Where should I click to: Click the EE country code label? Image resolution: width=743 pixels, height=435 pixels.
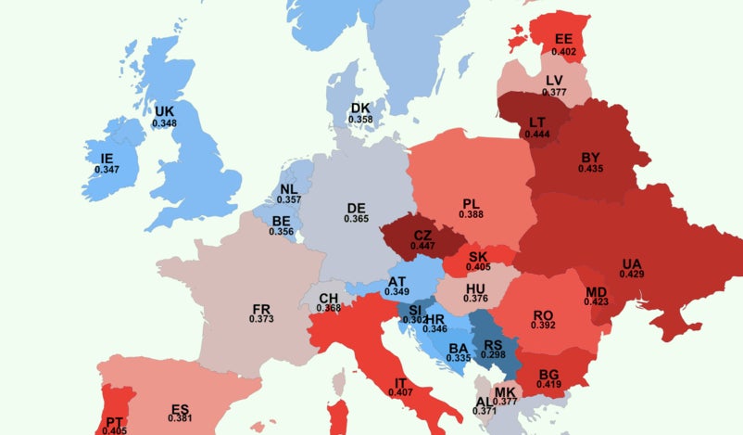click(x=563, y=40)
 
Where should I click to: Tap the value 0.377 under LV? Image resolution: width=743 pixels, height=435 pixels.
click(x=554, y=93)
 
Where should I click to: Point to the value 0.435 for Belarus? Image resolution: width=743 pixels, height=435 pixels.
click(x=590, y=169)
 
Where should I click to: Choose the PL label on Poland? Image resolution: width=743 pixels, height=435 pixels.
click(x=471, y=203)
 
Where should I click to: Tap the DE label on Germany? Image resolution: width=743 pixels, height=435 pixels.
click(x=356, y=207)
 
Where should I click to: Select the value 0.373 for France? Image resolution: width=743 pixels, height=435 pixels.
click(x=261, y=319)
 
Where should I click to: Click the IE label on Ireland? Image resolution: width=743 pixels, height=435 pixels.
click(x=107, y=159)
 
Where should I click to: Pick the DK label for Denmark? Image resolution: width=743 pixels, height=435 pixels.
click(x=360, y=108)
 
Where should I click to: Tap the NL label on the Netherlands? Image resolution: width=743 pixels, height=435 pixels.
click(x=289, y=188)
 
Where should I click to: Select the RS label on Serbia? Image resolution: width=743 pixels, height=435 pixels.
click(x=492, y=344)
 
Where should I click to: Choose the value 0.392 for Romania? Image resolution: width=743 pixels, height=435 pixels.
click(x=543, y=326)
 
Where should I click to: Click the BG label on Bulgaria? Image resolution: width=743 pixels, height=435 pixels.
click(x=549, y=373)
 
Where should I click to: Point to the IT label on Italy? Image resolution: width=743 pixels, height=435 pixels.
click(x=401, y=382)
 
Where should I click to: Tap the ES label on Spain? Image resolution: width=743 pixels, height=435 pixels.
click(x=181, y=407)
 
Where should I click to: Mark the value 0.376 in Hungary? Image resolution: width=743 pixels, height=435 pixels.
click(x=475, y=299)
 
